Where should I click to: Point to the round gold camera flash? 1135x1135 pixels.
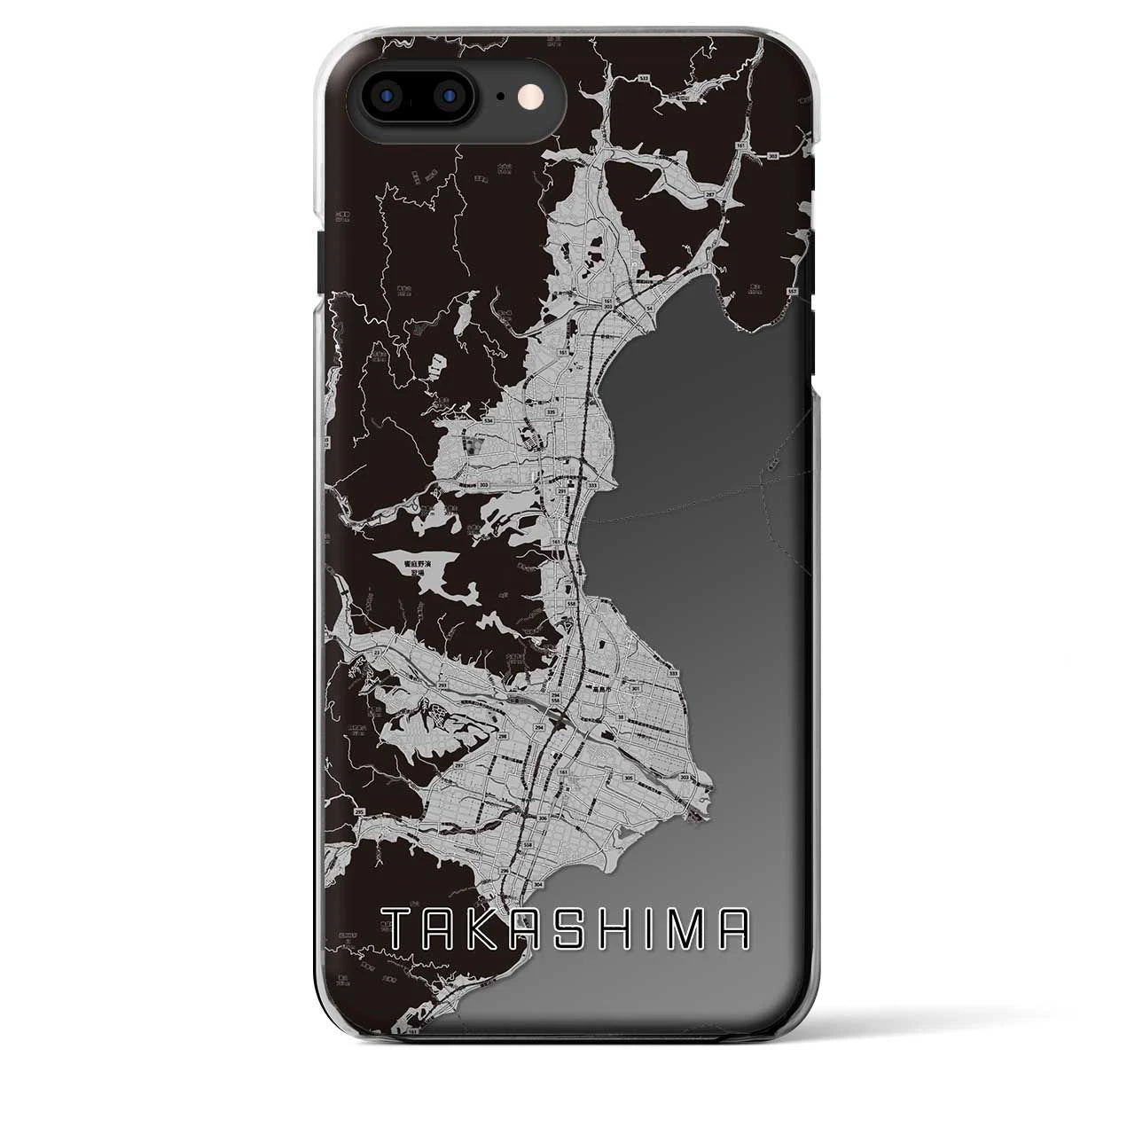point(536,94)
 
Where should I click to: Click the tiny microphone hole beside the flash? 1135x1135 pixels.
point(501,95)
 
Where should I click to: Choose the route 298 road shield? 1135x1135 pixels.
point(502,735)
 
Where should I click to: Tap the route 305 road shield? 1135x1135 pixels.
point(629,778)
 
